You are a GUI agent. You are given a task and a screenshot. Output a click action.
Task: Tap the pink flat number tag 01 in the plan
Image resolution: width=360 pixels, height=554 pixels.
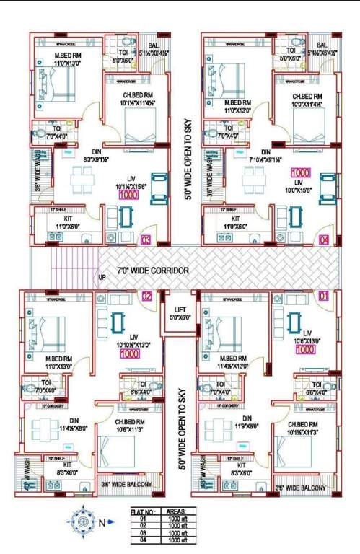pos(323,296)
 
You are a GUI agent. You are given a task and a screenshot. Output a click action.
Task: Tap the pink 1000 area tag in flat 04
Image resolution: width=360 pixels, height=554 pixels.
pos(301,173)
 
